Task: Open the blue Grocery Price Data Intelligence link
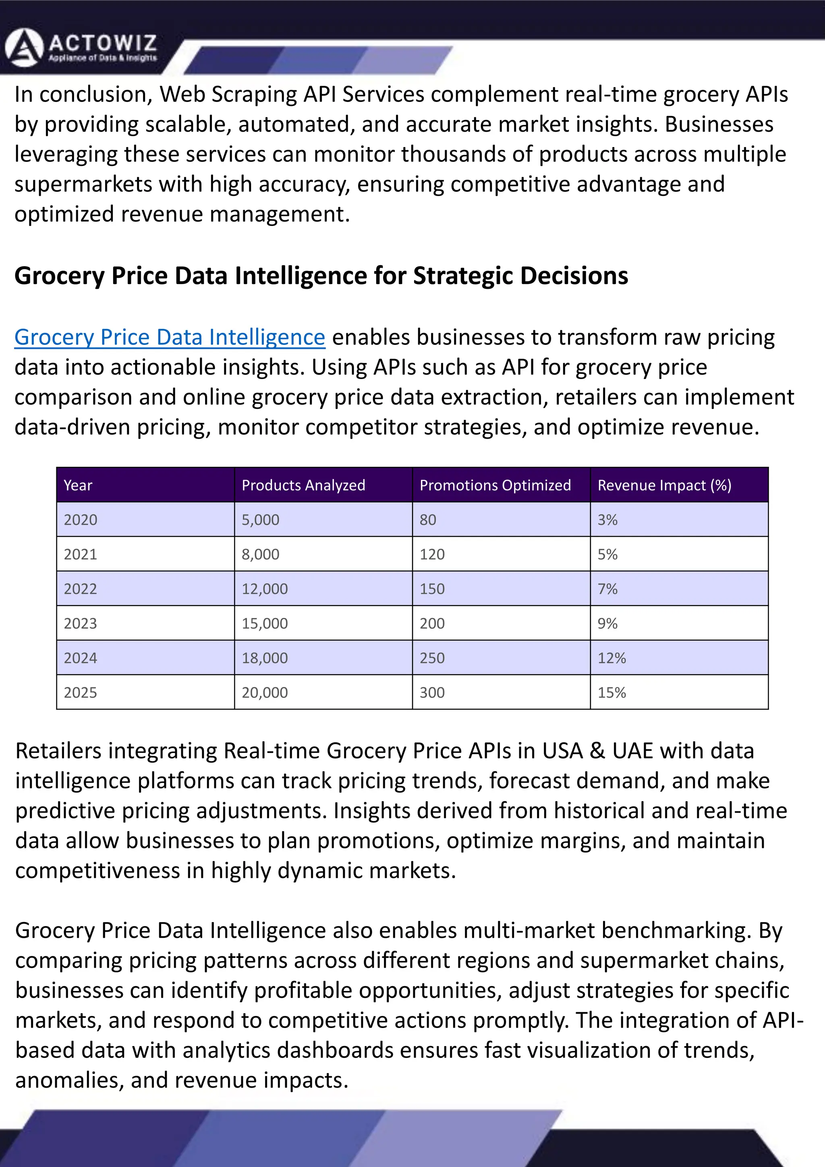tap(169, 338)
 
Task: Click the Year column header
tap(78, 485)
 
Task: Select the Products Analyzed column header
tap(303, 485)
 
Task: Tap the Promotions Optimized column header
tap(495, 485)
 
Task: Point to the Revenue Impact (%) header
tap(664, 485)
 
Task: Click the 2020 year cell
tap(80, 520)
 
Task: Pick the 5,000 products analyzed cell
tap(260, 520)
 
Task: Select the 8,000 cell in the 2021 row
tap(260, 555)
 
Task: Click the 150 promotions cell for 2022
tap(432, 589)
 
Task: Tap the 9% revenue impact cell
tap(607, 624)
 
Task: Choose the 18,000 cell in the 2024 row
tap(264, 658)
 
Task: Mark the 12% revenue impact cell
tap(611, 658)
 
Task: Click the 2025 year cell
tap(80, 693)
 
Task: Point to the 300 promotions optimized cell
tap(432, 693)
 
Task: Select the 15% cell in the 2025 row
tap(611, 693)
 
